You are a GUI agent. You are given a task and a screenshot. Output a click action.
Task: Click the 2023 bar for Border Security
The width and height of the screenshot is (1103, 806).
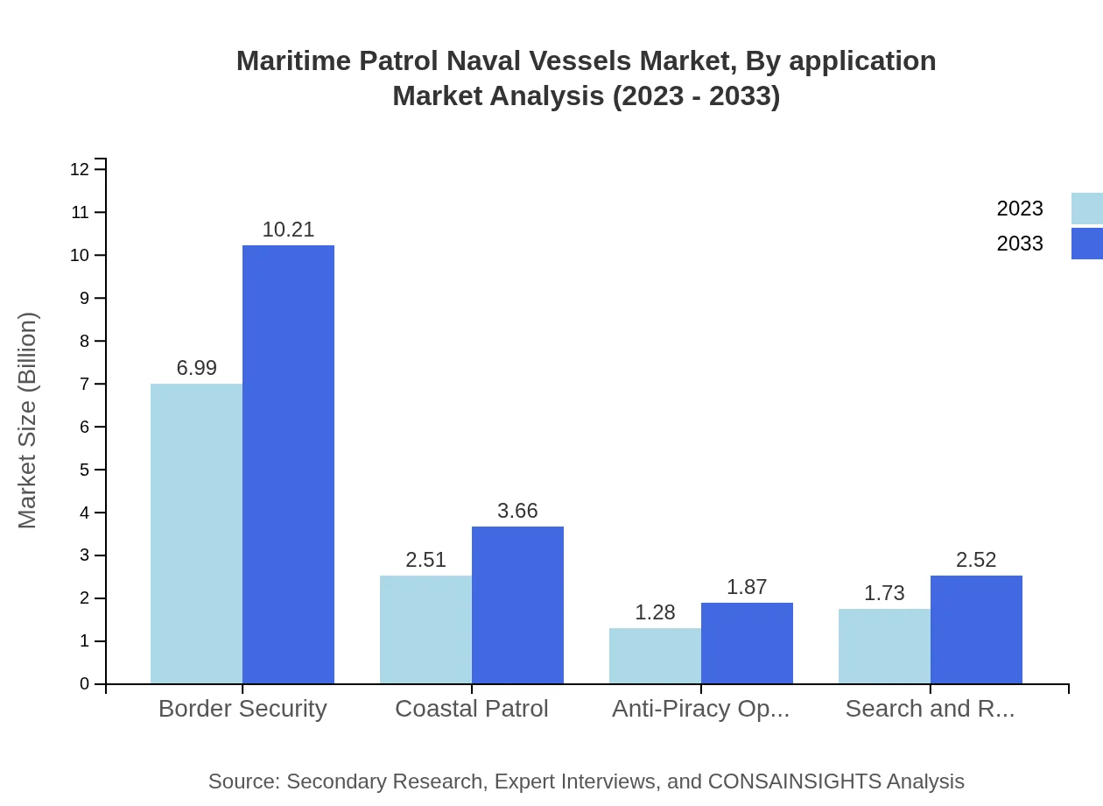[x=196, y=534]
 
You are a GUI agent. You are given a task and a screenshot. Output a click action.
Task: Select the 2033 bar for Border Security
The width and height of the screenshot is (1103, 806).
[x=288, y=464]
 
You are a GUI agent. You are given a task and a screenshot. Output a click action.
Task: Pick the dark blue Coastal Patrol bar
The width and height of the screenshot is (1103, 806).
[x=517, y=604]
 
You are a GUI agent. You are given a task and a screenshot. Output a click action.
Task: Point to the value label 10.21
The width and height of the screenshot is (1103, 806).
[x=288, y=230]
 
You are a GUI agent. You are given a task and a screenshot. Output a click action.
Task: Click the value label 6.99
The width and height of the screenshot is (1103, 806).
[x=196, y=368]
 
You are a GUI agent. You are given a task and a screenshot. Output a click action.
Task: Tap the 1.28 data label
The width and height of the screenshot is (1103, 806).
[x=655, y=612]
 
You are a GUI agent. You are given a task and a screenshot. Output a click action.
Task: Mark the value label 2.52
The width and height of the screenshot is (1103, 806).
[x=976, y=560]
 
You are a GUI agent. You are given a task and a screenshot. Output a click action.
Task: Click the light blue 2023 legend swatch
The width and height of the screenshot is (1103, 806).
[x=1086, y=209]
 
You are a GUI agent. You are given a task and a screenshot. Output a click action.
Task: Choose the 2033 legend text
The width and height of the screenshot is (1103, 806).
[x=1020, y=244]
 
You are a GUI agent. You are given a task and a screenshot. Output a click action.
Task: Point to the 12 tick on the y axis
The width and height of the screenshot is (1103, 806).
[x=80, y=169]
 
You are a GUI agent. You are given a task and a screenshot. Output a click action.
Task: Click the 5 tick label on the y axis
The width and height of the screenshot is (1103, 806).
[x=85, y=470]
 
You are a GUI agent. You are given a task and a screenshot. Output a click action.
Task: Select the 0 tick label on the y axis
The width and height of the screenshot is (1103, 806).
[x=85, y=684]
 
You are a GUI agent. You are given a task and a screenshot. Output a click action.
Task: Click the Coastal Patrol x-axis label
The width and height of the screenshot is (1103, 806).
[x=472, y=709]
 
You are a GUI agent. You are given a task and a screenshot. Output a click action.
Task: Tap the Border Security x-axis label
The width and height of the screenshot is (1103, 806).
[x=242, y=709]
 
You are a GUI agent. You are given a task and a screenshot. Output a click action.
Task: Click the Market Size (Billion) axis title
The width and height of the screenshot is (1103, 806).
[x=28, y=421]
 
